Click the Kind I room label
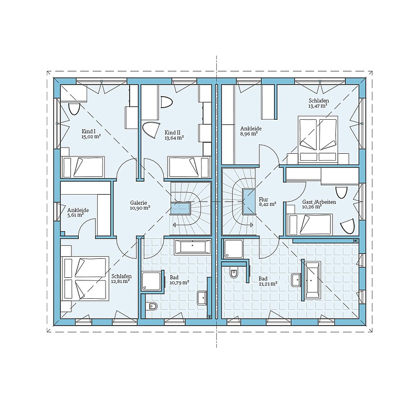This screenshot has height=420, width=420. (89, 132)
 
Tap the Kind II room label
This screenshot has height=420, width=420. (172, 133)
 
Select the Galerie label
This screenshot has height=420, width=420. (139, 203)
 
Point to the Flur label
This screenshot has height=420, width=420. (264, 199)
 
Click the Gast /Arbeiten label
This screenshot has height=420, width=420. (319, 202)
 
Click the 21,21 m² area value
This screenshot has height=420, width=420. (268, 283)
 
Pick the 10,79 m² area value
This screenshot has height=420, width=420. (180, 282)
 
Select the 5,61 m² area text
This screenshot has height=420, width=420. (76, 215)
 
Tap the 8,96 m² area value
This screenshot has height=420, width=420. (249, 133)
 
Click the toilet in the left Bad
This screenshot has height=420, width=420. (152, 306)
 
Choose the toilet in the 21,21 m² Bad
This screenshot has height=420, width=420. (234, 273)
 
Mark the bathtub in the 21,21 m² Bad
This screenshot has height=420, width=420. (312, 279)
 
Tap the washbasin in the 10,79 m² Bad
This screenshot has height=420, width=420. (202, 298)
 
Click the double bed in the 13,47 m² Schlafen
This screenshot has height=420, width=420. (318, 139)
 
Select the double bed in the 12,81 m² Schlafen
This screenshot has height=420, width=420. (86, 278)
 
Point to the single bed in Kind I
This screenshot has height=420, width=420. (83, 167)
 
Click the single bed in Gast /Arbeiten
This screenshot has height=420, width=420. (310, 224)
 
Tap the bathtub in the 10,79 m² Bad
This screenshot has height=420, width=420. (193, 247)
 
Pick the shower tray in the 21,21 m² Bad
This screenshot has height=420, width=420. (234, 249)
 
